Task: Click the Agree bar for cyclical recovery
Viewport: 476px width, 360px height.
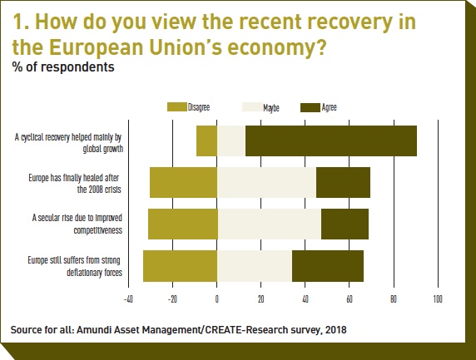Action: coord(331,141)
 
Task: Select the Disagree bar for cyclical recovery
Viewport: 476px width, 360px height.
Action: coord(206,141)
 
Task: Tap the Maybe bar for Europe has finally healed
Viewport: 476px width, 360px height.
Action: coord(266,182)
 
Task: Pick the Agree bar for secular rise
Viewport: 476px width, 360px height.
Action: coord(345,224)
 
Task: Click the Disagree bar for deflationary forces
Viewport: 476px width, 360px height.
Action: coord(180,266)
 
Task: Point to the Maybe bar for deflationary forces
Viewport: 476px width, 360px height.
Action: coord(255,266)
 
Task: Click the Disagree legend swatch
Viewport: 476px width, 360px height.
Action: coord(177,107)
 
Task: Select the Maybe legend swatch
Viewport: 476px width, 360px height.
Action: coord(252,107)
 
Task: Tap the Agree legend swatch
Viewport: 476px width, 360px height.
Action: coord(310,107)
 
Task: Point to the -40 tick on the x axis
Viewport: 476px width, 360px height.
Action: coord(128,299)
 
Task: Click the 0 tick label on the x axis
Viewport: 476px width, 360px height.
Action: coord(216,299)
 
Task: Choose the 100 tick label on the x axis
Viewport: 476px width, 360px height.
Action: coord(438,299)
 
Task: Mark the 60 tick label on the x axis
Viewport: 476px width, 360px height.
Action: coord(350,299)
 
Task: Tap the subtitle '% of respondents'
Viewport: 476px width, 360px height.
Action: coord(63,67)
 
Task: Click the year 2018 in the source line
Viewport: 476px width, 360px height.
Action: coord(335,330)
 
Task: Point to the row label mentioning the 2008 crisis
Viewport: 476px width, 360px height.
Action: coord(75,184)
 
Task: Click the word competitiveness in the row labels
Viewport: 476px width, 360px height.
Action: coord(97,230)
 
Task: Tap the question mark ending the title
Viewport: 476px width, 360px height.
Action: coord(320,47)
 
